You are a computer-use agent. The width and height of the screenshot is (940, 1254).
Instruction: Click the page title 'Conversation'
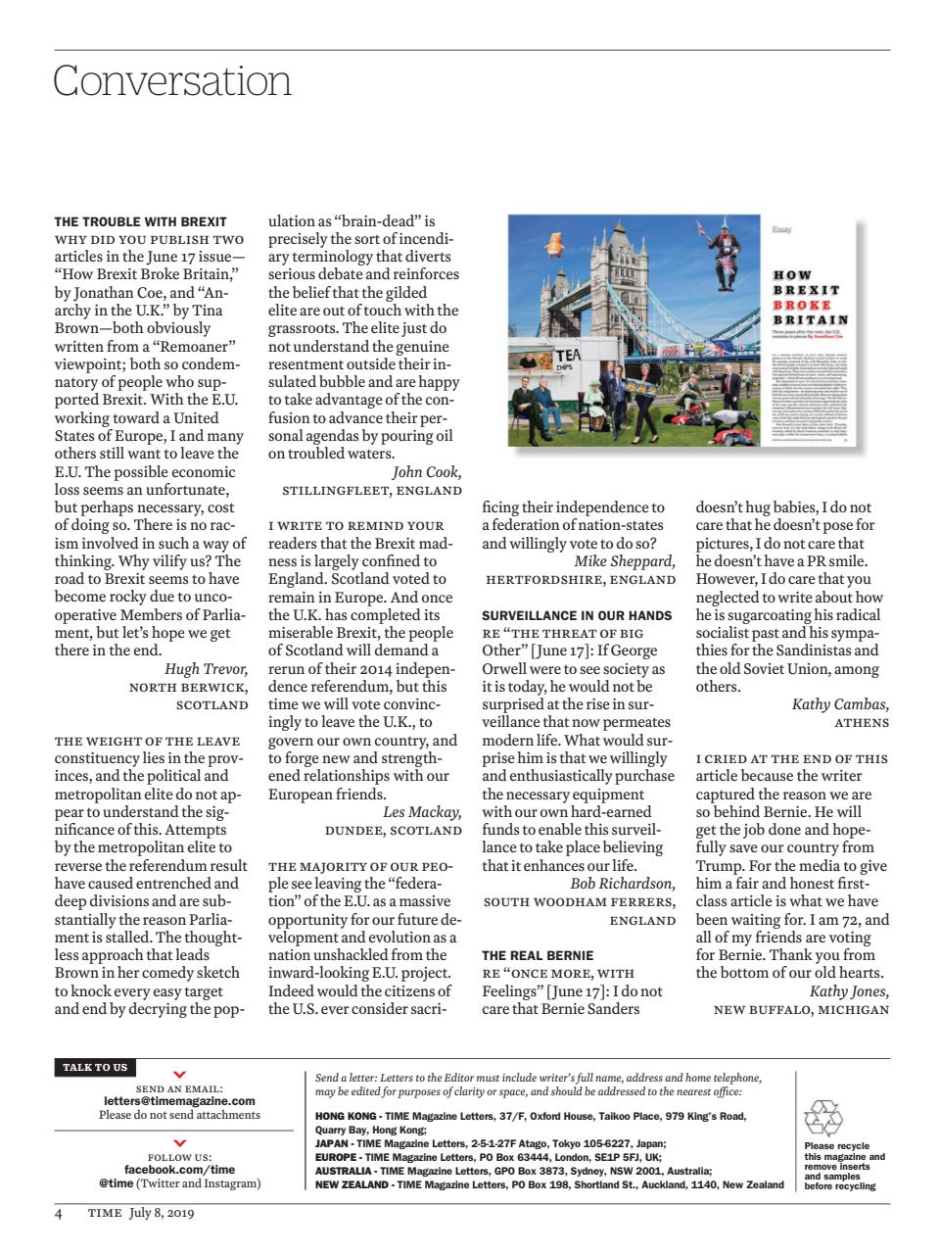pos(172,80)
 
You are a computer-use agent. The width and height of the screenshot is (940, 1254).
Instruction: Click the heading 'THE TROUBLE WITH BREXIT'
pos(140,221)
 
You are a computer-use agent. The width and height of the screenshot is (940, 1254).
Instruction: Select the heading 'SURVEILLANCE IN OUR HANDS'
pos(577,615)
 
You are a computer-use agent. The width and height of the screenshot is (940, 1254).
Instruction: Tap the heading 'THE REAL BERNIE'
pos(538,955)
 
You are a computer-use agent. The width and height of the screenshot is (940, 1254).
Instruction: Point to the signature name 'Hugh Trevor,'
pos(206,669)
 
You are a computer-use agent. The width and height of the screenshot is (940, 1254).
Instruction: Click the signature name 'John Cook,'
pos(427,472)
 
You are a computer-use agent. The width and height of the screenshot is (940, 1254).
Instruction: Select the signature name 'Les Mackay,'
pos(421,812)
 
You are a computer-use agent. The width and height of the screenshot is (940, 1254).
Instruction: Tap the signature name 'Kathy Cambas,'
pos(840,704)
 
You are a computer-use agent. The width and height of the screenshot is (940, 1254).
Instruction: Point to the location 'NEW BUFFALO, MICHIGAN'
pos(801,1010)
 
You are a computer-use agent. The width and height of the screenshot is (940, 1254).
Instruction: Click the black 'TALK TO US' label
pos(95,1067)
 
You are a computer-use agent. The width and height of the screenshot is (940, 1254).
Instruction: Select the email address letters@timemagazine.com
pos(179,1101)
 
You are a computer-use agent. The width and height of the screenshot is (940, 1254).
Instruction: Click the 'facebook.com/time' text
pos(179,1170)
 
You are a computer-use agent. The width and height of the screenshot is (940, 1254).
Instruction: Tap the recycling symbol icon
pos(822,1118)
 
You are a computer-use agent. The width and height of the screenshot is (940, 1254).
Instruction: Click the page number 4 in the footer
pos(59,1213)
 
